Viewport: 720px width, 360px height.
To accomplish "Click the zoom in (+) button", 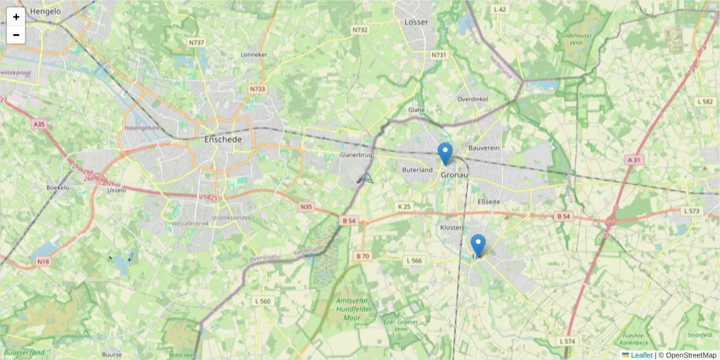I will click(x=16, y=17).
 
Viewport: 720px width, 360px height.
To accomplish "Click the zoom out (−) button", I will click(x=16, y=35).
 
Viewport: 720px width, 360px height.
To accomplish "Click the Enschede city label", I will click(x=223, y=139).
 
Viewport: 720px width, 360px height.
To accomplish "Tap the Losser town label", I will click(x=416, y=22).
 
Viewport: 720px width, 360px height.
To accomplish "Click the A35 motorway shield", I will click(x=39, y=124).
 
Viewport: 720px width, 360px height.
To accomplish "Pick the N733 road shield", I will click(x=257, y=89).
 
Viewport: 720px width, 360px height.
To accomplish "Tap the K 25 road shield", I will click(x=404, y=206).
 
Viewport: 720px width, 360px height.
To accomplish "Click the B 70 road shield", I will click(x=362, y=256).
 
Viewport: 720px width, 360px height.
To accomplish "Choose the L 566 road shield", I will click(x=414, y=260).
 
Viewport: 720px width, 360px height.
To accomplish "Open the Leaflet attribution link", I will click(x=641, y=355).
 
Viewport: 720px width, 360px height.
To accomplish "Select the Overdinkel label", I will click(x=472, y=99).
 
